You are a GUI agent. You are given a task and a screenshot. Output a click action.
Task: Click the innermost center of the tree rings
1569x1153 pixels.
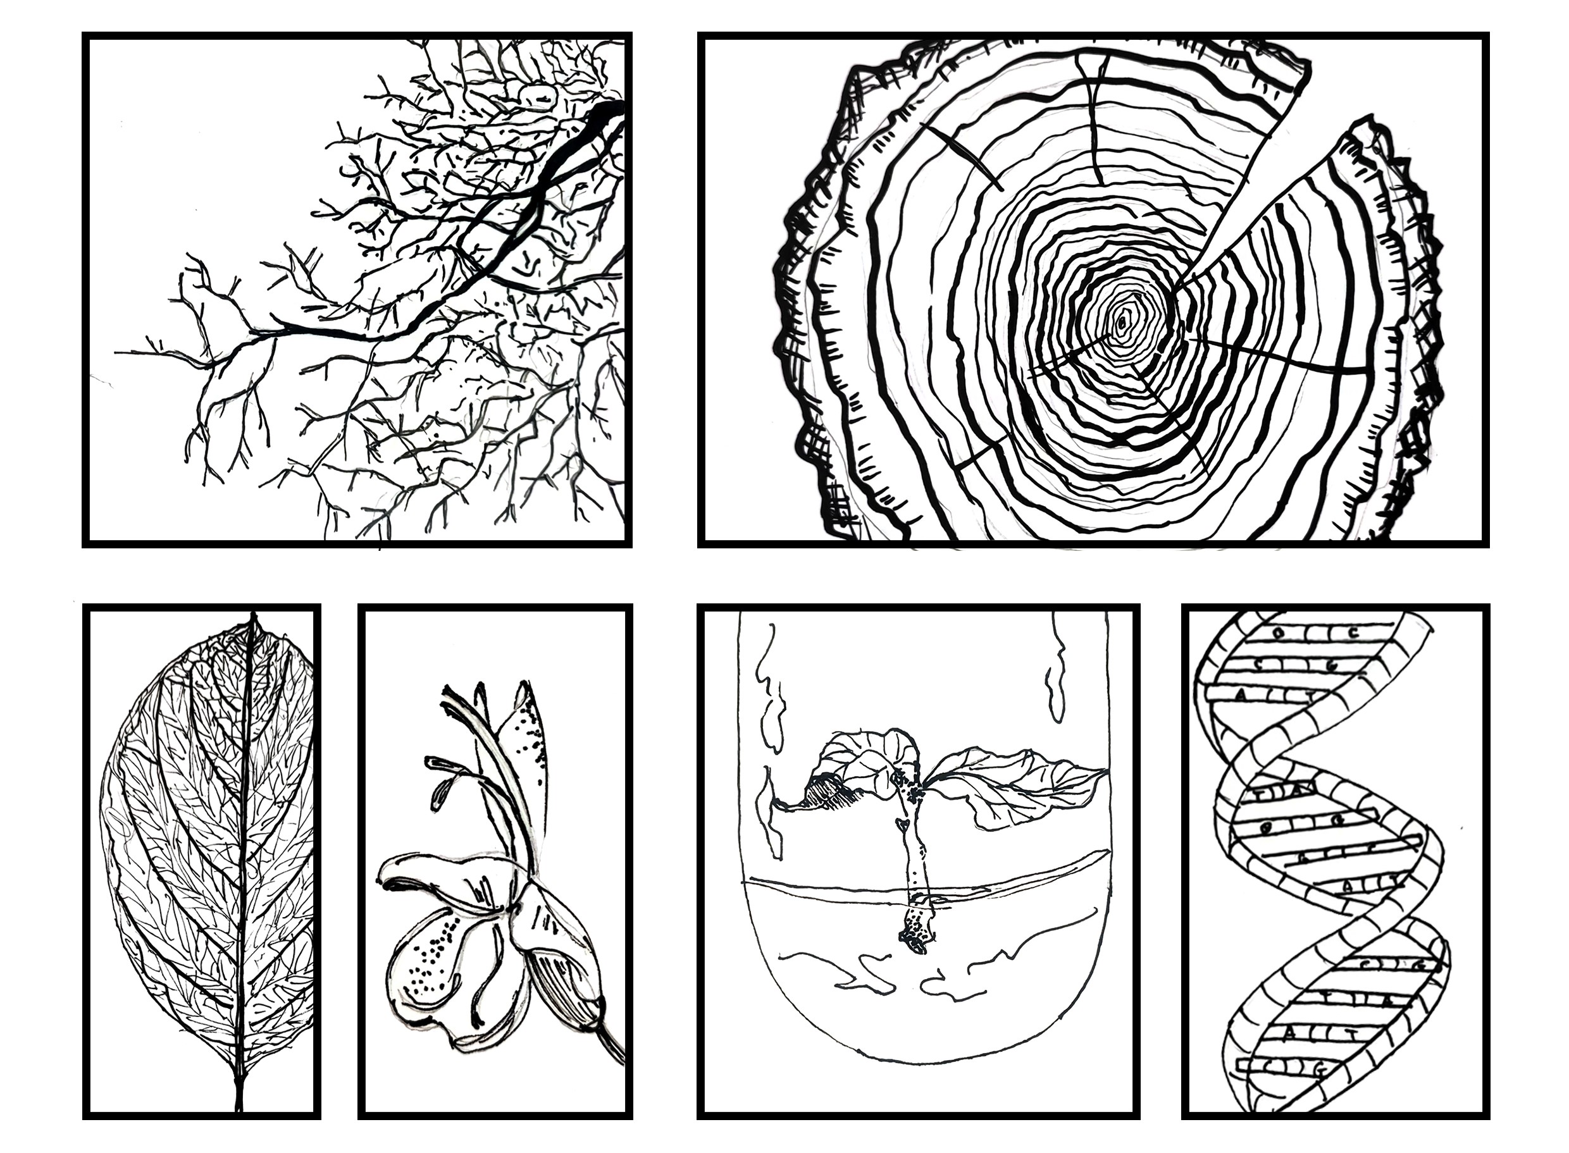coord(1121,323)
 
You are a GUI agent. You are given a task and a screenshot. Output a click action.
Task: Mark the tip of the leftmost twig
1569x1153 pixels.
coord(117,353)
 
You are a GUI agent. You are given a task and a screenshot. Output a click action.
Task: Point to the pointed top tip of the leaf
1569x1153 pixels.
coord(252,615)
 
